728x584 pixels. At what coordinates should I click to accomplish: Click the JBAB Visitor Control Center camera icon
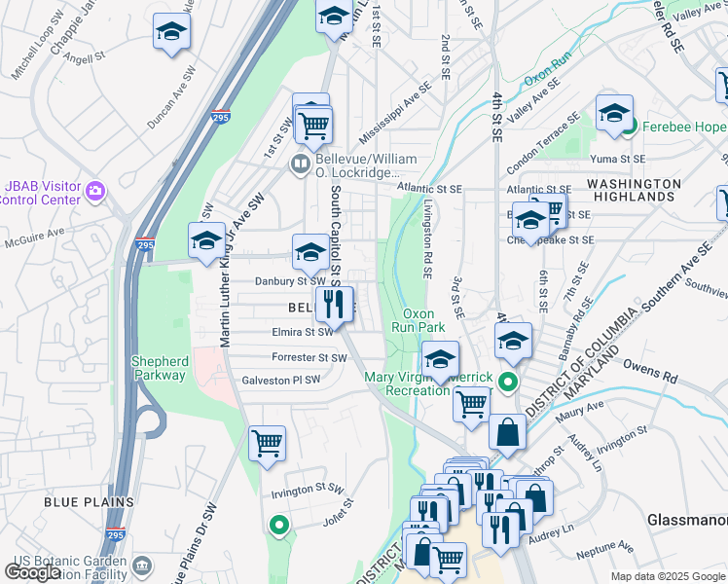pyautogui.click(x=95, y=189)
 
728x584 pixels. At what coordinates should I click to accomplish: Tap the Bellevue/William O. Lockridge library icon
pyautogui.click(x=302, y=164)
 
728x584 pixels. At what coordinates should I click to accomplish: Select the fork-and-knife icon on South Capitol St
pyautogui.click(x=334, y=304)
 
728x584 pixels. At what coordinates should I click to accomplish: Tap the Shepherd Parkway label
pyautogui.click(x=160, y=368)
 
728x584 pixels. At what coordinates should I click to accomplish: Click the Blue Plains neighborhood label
pyautogui.click(x=89, y=502)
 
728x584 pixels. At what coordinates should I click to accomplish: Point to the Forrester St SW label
pyautogui.click(x=309, y=357)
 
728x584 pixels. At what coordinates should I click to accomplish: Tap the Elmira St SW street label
pyautogui.click(x=304, y=332)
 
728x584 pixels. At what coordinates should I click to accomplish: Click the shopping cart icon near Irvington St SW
pyautogui.click(x=267, y=446)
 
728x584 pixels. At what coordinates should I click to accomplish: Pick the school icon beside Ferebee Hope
pyautogui.click(x=614, y=115)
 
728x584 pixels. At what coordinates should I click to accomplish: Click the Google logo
pyautogui.click(x=32, y=571)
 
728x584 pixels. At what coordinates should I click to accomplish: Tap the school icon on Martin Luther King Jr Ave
pyautogui.click(x=206, y=243)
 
